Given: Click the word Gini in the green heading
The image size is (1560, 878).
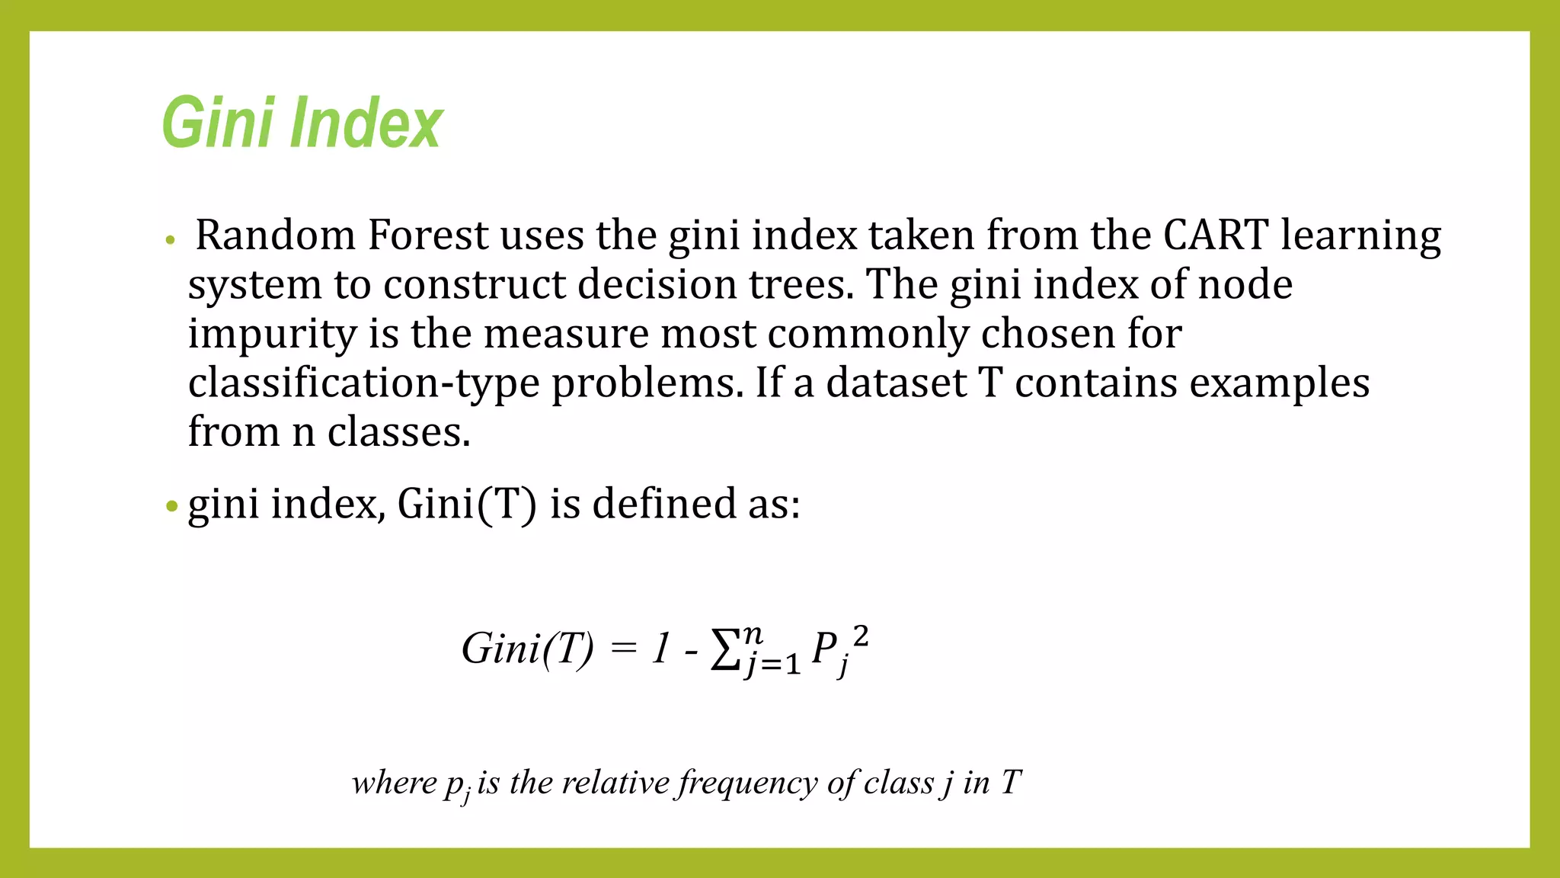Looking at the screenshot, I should pos(218,122).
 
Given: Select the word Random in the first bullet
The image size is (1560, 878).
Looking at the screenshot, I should pos(276,235).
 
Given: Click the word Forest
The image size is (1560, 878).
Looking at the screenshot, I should pos(427,235).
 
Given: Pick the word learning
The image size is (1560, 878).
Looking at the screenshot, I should pos(1360,236).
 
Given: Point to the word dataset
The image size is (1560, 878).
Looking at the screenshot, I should pos(896,383).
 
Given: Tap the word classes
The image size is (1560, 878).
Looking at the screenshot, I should pos(398,432).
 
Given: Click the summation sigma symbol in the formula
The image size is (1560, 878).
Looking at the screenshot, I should pos(725,650).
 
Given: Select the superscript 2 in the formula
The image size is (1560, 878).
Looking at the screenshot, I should pos(861,636).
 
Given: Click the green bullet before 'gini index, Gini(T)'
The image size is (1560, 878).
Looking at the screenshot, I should pos(171,506).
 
